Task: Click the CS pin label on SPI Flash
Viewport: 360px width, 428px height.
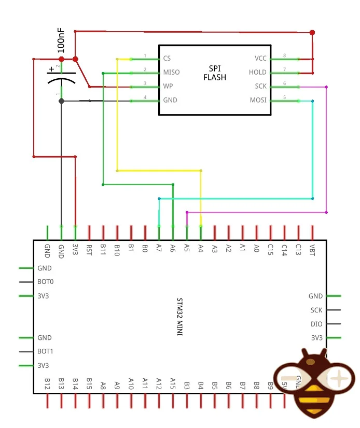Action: [167, 59]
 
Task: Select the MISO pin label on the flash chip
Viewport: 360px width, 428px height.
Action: [171, 73]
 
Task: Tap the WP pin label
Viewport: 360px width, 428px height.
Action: [168, 86]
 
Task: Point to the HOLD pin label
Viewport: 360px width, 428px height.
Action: [257, 73]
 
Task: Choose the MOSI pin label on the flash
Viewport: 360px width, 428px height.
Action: [258, 100]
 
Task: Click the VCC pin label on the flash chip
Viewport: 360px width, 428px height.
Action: [260, 59]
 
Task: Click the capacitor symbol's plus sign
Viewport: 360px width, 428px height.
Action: [51, 69]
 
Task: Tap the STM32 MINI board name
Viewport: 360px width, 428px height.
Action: [180, 317]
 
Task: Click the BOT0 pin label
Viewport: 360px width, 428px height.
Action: [46, 282]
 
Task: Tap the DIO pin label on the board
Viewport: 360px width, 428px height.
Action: [316, 324]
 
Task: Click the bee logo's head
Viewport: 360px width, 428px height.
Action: [314, 360]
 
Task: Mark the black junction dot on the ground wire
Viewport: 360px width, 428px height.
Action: [61, 101]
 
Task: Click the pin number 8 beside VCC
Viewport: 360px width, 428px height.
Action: [284, 55]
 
